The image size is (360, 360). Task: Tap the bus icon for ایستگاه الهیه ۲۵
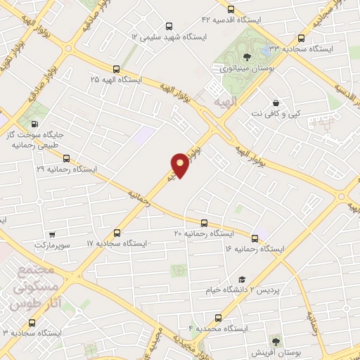(116, 69)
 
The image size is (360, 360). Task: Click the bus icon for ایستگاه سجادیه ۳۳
(302, 39)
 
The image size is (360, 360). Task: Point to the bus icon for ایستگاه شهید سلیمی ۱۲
(167, 25)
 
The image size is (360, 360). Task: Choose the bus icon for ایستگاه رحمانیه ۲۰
(204, 222)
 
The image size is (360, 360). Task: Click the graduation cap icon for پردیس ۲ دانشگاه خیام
(242, 279)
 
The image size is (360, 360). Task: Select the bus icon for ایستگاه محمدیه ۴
(218, 318)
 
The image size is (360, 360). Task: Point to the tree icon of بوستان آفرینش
(276, 340)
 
